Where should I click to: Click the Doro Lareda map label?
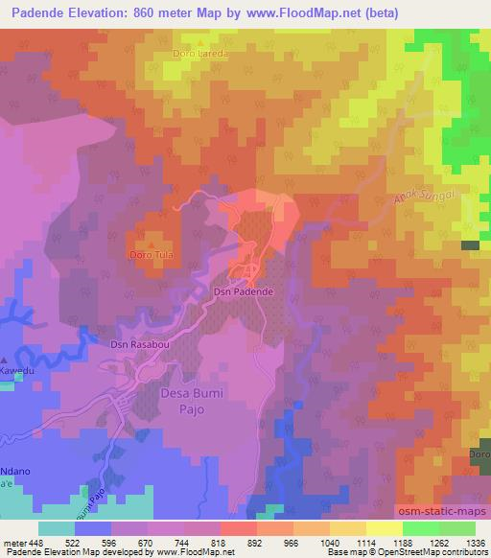[x=200, y=54]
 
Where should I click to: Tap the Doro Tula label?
[x=150, y=255]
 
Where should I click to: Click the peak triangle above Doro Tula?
[x=150, y=244]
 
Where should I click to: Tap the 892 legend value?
[x=255, y=542]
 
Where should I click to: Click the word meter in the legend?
[x=14, y=542]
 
